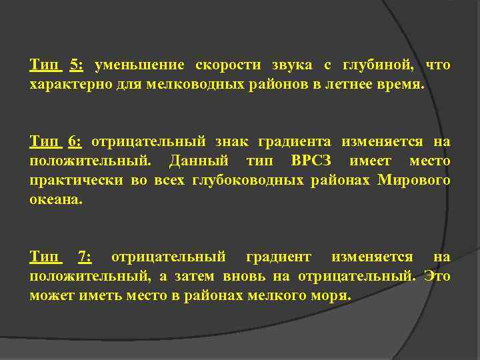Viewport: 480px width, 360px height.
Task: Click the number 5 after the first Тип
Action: [x=76, y=65]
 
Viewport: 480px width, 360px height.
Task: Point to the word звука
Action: [x=290, y=65]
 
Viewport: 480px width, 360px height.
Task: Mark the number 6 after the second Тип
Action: [x=75, y=142]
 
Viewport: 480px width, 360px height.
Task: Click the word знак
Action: [x=233, y=142]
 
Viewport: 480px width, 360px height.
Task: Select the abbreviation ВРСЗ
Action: [x=315, y=161]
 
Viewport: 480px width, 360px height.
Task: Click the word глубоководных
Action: [x=262, y=181]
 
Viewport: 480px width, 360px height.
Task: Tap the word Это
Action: [x=437, y=276]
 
